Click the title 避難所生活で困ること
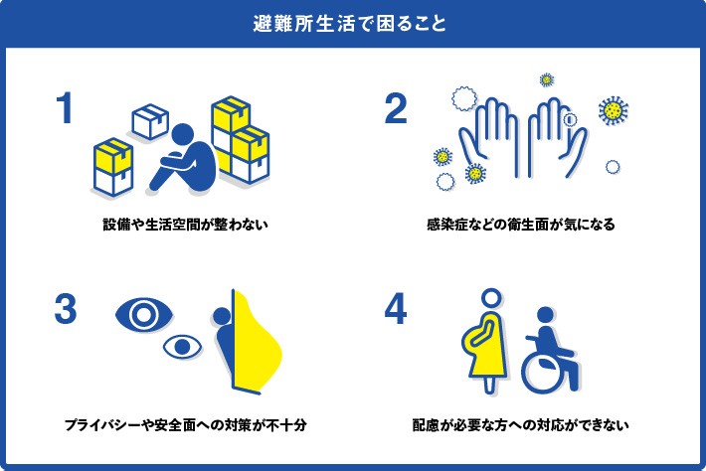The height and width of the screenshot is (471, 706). pos(352,23)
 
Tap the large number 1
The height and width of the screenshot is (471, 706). pos(66,109)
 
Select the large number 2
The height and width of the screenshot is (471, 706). pos(396,109)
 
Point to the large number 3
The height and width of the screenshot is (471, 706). pos(66,310)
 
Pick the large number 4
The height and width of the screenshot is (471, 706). pos(396,310)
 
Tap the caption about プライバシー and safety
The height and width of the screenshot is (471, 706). pos(185,425)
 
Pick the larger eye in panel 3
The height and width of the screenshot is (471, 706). pos(145,315)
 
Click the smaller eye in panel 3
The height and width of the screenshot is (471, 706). pos(180,347)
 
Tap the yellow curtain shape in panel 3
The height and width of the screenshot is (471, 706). pos(257,343)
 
